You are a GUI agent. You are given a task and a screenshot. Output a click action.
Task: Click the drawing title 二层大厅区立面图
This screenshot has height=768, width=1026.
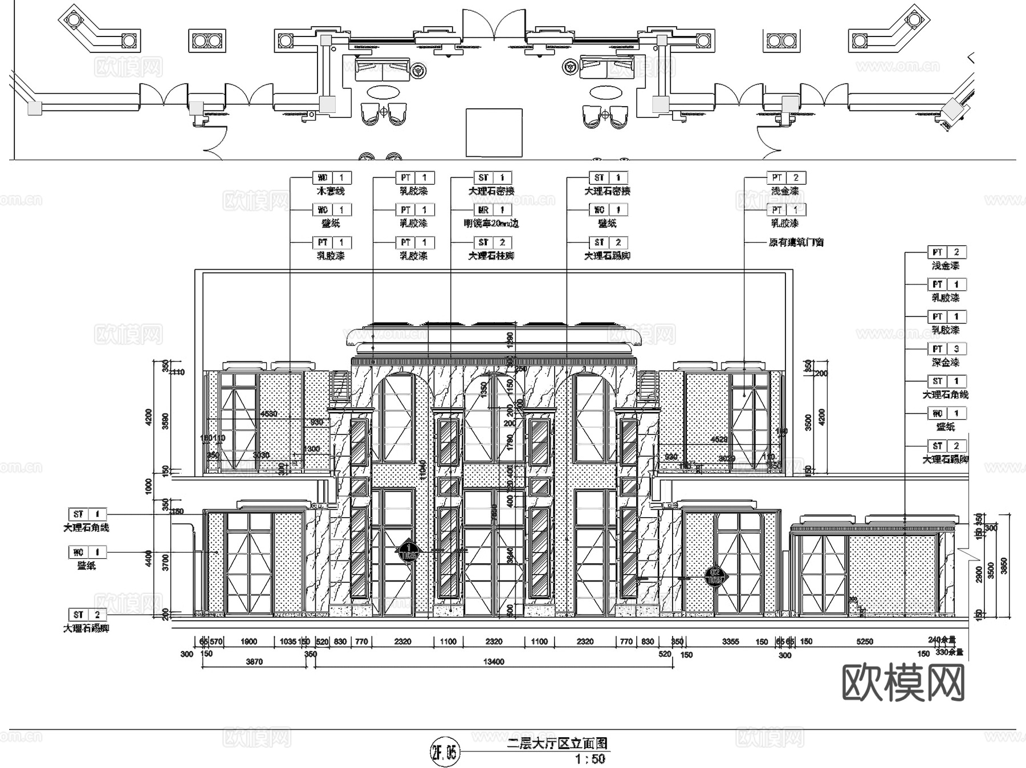coord(557,743)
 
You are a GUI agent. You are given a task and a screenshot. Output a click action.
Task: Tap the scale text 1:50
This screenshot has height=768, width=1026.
coord(589,759)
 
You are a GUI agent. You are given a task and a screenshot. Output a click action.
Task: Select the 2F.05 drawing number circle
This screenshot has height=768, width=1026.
coord(444,753)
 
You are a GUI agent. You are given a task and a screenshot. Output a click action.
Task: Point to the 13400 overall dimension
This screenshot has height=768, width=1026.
coord(494,662)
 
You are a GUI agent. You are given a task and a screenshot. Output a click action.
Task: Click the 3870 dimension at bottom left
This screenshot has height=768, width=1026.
coord(254,662)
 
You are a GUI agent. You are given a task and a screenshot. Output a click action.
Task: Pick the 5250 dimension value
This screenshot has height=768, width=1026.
coord(865,641)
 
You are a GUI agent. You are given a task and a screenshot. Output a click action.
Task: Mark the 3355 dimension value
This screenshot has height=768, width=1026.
coord(730,641)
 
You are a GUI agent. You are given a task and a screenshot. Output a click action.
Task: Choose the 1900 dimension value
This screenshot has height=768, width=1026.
coord(249,641)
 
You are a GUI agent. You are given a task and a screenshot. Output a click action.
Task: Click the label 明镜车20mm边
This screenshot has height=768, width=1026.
coord(491,224)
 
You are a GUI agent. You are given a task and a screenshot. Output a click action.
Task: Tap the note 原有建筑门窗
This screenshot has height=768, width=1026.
coord(796,242)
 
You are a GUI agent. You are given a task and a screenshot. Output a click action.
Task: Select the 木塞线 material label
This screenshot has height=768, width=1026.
coord(331,192)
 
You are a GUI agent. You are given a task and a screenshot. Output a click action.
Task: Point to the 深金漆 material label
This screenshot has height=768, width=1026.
coord(945,362)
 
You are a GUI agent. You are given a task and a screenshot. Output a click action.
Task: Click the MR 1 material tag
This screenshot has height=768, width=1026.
coord(492,210)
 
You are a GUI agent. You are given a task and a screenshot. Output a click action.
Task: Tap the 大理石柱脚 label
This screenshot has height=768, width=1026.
coord(491,256)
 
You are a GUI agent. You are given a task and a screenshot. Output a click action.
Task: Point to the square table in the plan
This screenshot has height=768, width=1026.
coord(494,132)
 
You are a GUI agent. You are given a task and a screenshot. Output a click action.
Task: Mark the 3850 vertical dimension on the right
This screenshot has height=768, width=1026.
coord(1005,566)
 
